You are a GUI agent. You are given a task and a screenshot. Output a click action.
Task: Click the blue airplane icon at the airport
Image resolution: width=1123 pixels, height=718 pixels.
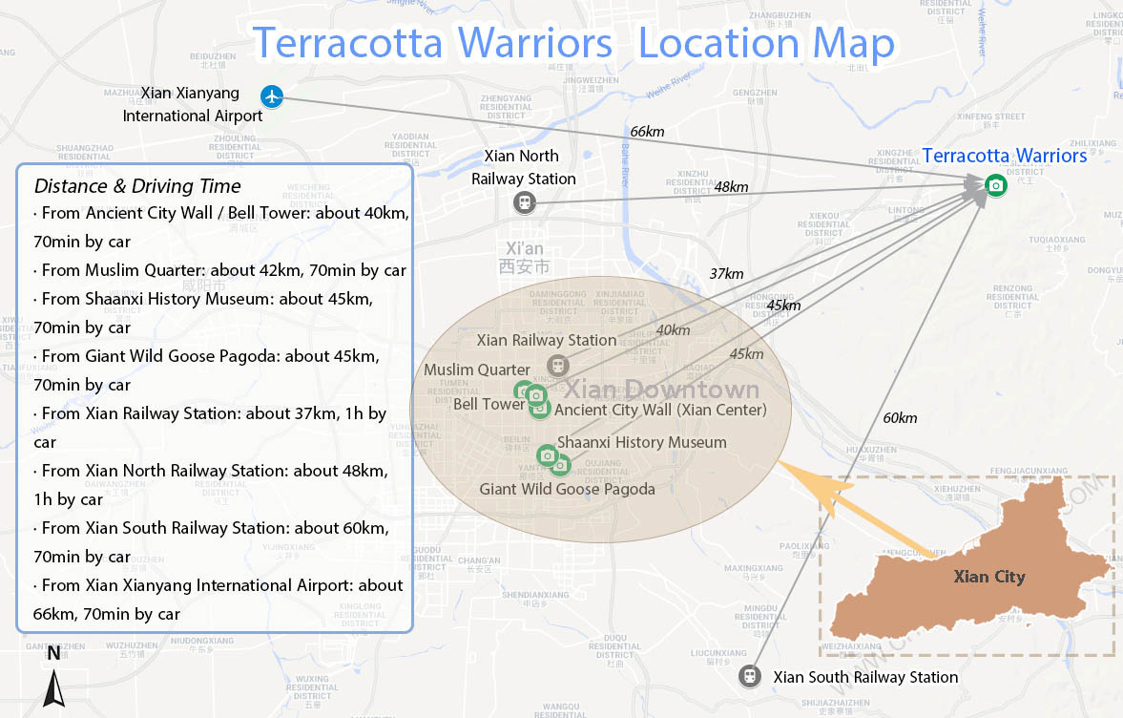[x=273, y=96]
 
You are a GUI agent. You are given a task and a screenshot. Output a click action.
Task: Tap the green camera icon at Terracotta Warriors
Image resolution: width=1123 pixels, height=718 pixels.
[x=996, y=184]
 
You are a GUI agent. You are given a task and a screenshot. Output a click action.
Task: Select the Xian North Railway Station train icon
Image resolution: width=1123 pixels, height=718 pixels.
[x=523, y=202]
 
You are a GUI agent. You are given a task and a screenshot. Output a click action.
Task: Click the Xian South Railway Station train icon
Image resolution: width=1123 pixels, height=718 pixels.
[x=751, y=676]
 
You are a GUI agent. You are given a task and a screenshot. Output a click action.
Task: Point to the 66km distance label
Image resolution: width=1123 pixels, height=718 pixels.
[x=647, y=132]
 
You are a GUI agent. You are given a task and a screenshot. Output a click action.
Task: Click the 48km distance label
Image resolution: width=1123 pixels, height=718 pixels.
[x=731, y=187]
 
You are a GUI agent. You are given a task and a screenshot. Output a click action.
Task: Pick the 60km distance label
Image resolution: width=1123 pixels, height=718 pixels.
[x=900, y=418]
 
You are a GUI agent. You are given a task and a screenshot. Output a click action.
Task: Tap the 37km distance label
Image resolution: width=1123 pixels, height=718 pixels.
[x=726, y=274]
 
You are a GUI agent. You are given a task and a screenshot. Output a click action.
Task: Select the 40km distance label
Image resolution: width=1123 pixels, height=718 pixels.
[x=673, y=330]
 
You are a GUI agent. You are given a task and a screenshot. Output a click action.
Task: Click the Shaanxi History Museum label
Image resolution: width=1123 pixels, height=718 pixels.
[x=641, y=442]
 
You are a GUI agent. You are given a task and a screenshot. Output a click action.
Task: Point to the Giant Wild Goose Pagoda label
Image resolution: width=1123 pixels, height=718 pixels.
[x=567, y=489]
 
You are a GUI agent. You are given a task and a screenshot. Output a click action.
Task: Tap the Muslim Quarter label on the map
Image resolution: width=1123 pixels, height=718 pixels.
[x=477, y=370]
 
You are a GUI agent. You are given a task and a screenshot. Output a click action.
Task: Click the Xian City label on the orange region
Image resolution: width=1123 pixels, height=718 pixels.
[x=989, y=577]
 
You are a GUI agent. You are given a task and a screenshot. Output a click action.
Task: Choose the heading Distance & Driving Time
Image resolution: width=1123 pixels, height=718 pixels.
[x=137, y=186]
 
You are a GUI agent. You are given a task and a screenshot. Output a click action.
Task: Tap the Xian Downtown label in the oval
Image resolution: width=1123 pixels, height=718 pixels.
[x=662, y=390]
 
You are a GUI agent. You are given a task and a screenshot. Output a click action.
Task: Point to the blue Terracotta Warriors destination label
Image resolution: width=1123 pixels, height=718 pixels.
[x=1004, y=156]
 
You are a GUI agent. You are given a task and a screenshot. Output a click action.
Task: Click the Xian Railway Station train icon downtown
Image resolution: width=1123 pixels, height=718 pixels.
[x=557, y=366]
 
